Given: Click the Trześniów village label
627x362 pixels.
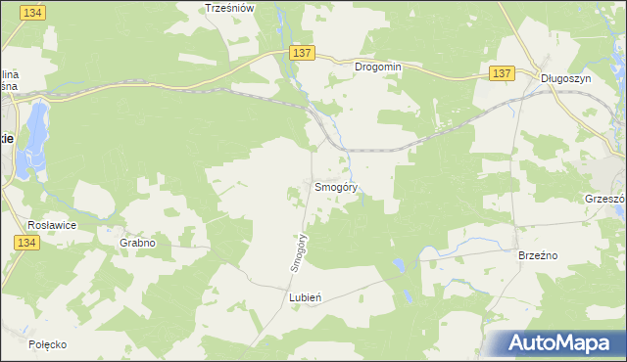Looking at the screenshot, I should (230, 8).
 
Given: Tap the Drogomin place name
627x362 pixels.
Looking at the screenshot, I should (378, 68).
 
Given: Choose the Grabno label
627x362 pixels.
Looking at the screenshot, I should (138, 242).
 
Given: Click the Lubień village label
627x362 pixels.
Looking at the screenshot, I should (306, 295).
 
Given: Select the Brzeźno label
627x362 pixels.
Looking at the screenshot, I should (537, 254).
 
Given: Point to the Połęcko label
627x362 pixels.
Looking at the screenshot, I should (47, 344).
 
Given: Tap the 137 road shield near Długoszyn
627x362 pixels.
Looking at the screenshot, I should (502, 73).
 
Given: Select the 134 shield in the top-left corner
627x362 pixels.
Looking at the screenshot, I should (32, 11).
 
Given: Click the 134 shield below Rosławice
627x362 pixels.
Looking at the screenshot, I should (26, 242).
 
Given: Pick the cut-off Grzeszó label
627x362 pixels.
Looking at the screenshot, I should (604, 197).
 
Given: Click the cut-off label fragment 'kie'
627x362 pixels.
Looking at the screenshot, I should (6, 138).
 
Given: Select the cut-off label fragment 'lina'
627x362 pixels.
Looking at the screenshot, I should (10, 73).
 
